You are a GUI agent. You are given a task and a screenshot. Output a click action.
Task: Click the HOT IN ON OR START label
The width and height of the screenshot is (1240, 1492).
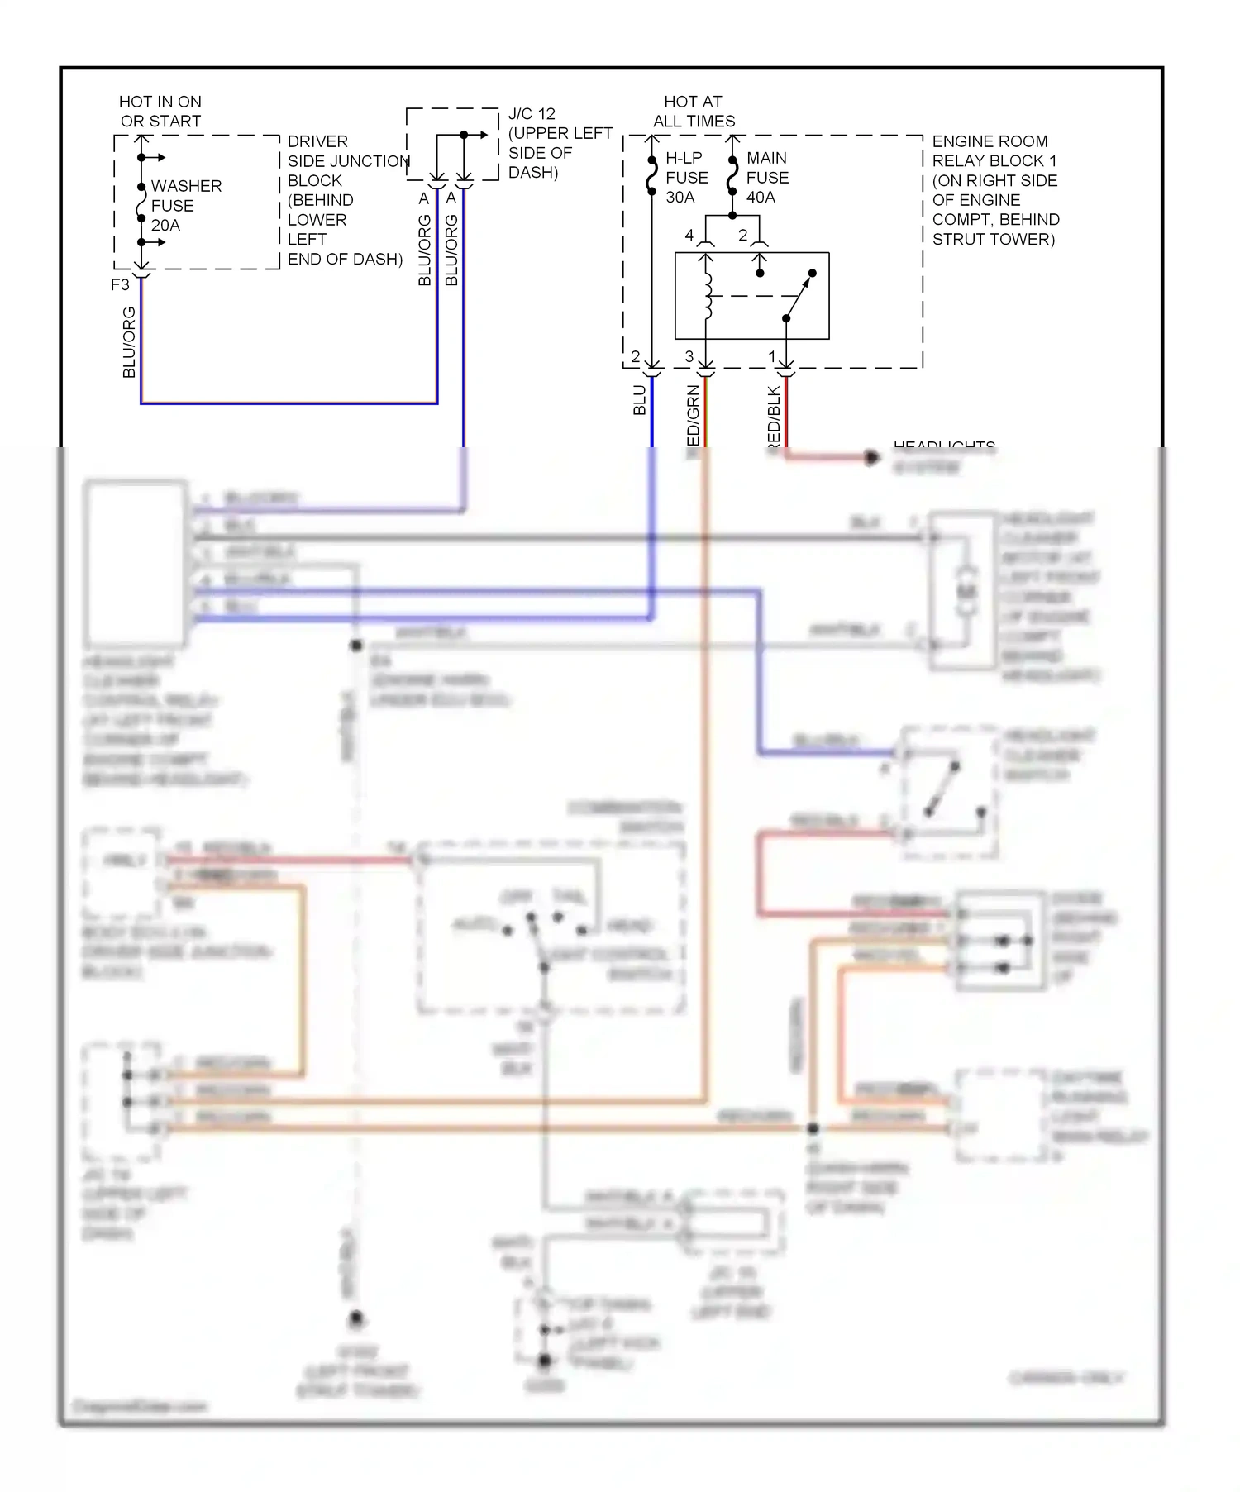coord(160,112)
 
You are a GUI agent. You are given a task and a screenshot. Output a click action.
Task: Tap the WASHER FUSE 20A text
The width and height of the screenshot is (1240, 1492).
coord(185,205)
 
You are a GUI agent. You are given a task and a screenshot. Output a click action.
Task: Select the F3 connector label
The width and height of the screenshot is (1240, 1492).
coord(120,284)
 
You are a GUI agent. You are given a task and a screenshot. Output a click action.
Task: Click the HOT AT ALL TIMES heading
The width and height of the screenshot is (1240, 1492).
coord(694,112)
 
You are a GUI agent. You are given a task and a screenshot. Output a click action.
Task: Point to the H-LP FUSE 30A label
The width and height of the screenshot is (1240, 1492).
coord(686,178)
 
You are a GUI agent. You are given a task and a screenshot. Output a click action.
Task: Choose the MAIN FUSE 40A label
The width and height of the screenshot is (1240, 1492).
coord(766,178)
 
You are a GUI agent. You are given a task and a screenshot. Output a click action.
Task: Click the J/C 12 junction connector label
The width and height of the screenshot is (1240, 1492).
coord(559,143)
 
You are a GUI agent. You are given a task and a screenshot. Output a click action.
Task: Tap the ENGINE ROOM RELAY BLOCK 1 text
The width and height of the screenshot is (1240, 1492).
coord(995,190)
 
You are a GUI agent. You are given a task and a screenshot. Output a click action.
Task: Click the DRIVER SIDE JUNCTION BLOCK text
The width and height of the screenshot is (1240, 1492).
coord(345,200)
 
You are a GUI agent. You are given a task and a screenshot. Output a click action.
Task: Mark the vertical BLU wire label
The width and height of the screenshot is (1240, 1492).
coord(639,400)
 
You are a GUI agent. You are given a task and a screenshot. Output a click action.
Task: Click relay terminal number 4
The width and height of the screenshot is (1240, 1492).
coord(689,236)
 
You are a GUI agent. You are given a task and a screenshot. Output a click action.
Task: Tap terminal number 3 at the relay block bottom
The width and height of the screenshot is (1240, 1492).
coord(689,357)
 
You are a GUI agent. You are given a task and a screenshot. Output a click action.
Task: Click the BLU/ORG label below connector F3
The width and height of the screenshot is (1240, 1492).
coord(129,342)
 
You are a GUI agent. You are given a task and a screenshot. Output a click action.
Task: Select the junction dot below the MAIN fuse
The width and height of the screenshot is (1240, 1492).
coord(732,216)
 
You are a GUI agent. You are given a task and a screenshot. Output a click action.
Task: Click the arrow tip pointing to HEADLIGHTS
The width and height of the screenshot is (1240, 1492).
coord(874,457)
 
